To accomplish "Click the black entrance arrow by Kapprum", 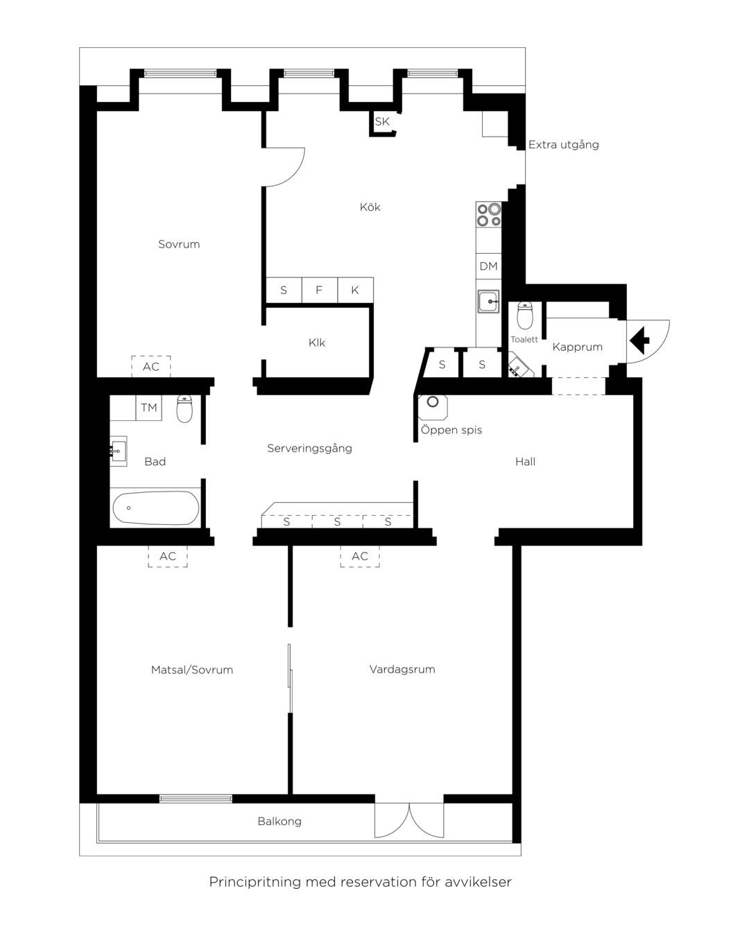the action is click(x=639, y=340).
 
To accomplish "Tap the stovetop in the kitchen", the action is click(x=488, y=215).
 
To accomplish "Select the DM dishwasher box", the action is click(x=488, y=266).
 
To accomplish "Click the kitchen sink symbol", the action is click(x=488, y=301).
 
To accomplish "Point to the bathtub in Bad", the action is click(x=156, y=508).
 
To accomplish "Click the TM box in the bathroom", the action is click(x=148, y=408).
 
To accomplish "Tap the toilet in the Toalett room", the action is click(x=525, y=315).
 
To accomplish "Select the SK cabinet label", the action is click(x=381, y=121).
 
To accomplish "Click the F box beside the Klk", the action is click(x=320, y=290).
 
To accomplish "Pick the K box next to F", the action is click(x=355, y=290).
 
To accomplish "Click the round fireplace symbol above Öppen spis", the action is click(x=433, y=402).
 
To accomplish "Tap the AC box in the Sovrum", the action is click(x=151, y=366).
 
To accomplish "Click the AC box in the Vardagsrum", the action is click(x=360, y=556).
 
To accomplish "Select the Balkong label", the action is click(x=279, y=821).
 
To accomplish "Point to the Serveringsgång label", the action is click(x=309, y=449).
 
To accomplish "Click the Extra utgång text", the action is click(x=564, y=145).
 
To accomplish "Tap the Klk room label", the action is click(x=316, y=343).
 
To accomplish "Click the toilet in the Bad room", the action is click(x=184, y=408).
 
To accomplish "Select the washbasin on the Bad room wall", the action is click(x=118, y=451).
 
